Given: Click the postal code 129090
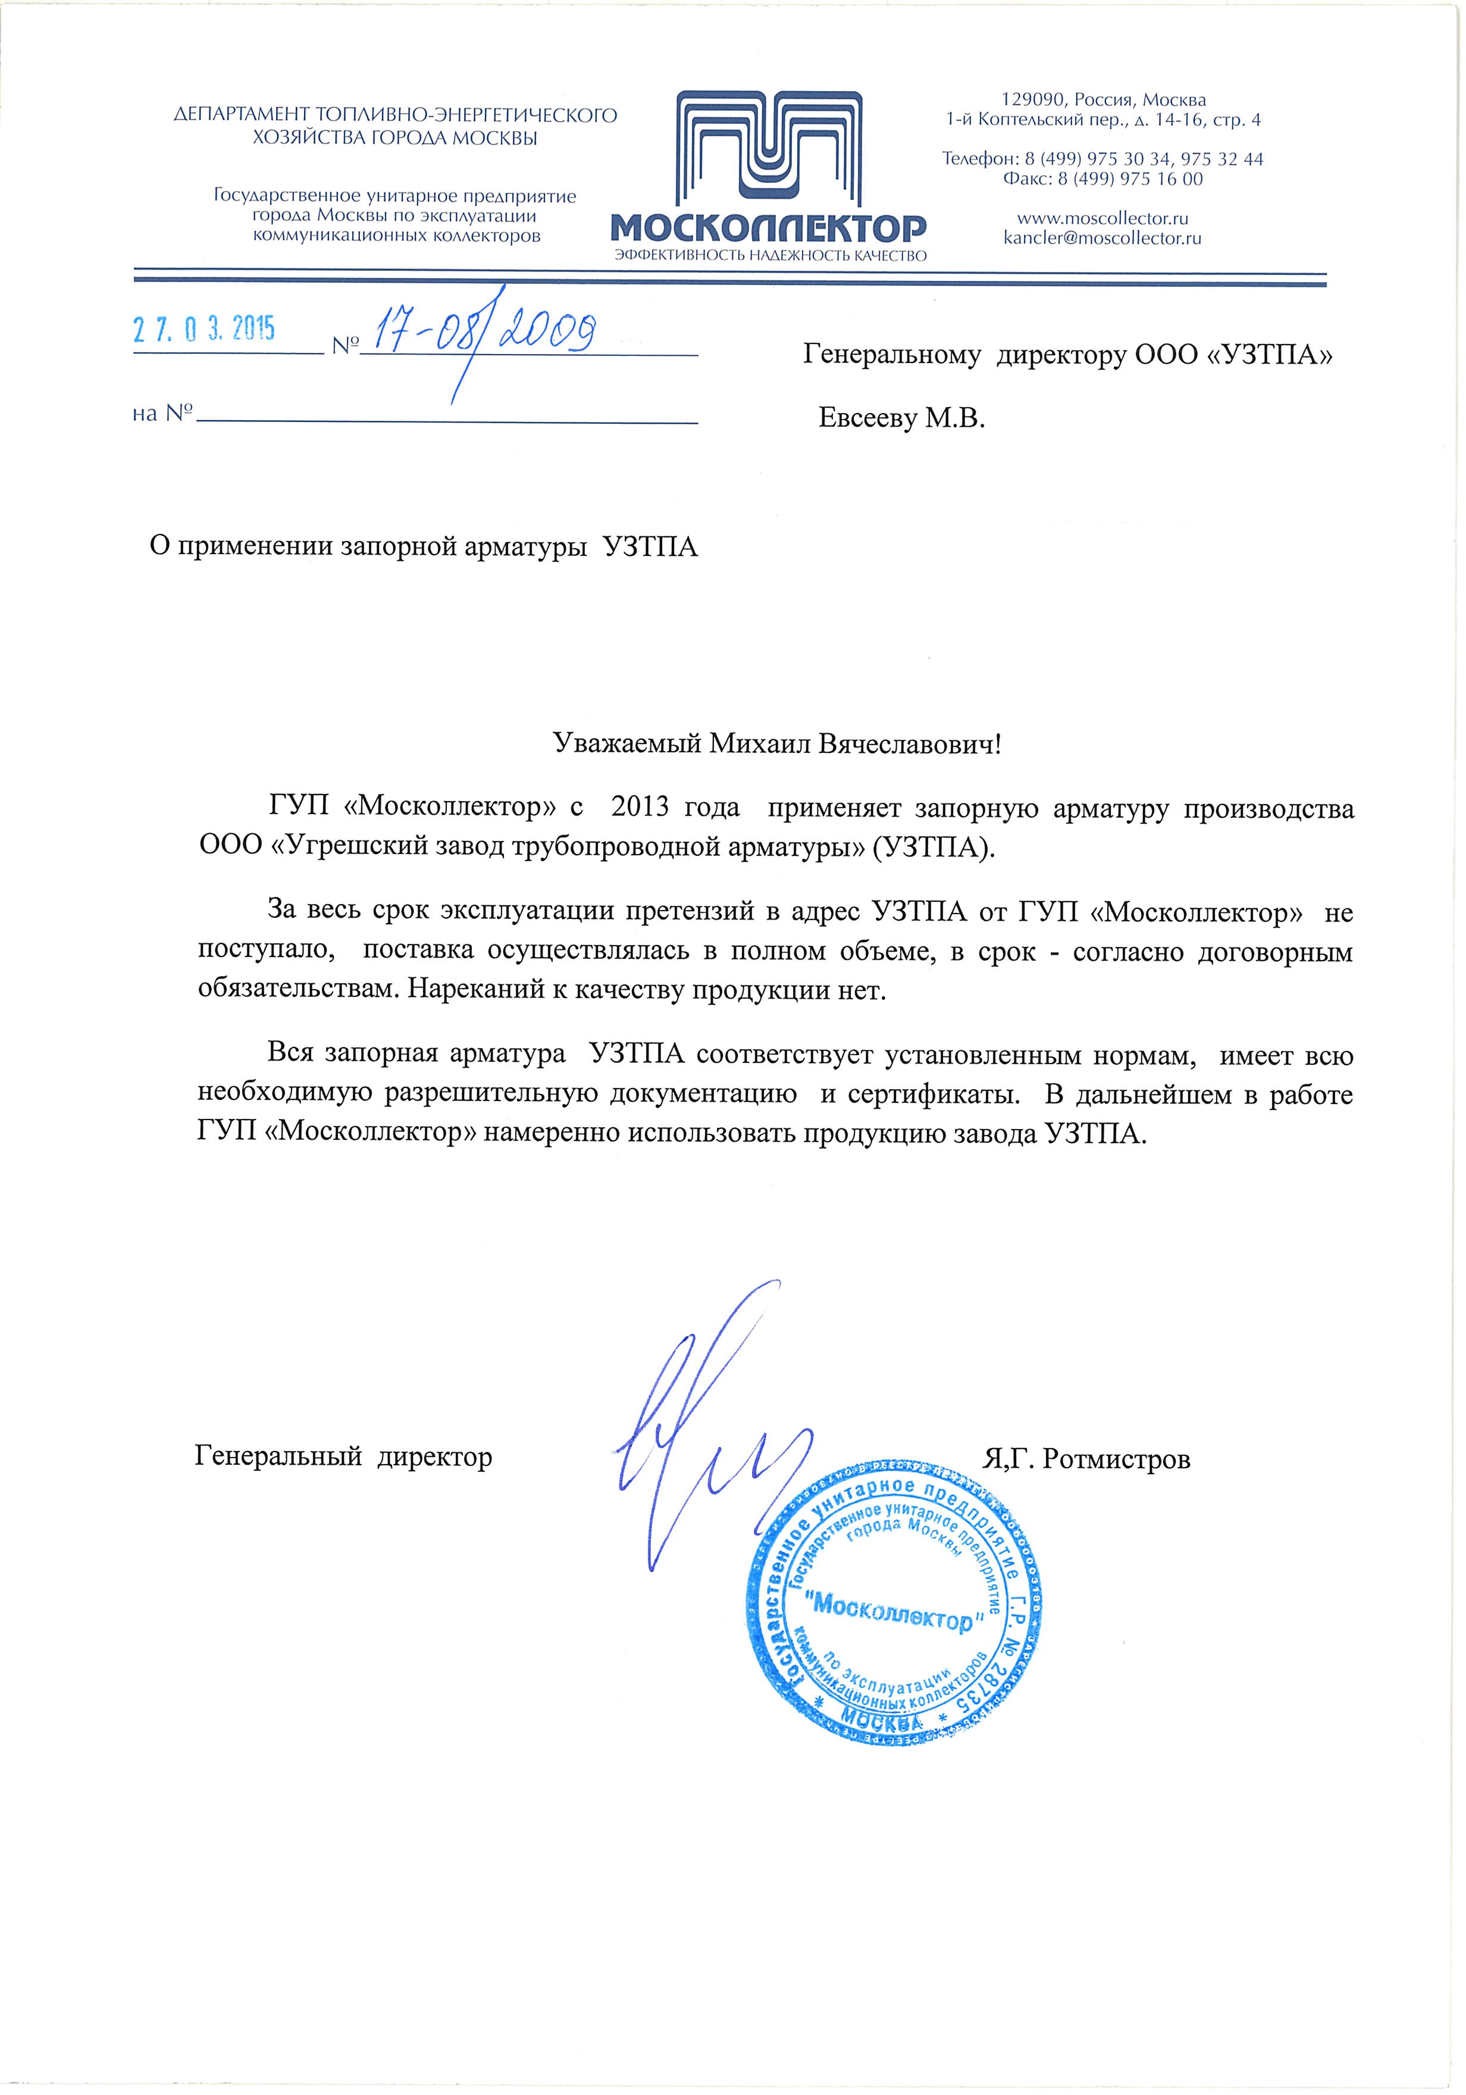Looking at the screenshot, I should pos(1033,99).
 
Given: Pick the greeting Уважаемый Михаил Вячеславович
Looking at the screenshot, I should pos(777,744).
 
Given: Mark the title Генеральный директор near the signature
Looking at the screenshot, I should pos(343,1456).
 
